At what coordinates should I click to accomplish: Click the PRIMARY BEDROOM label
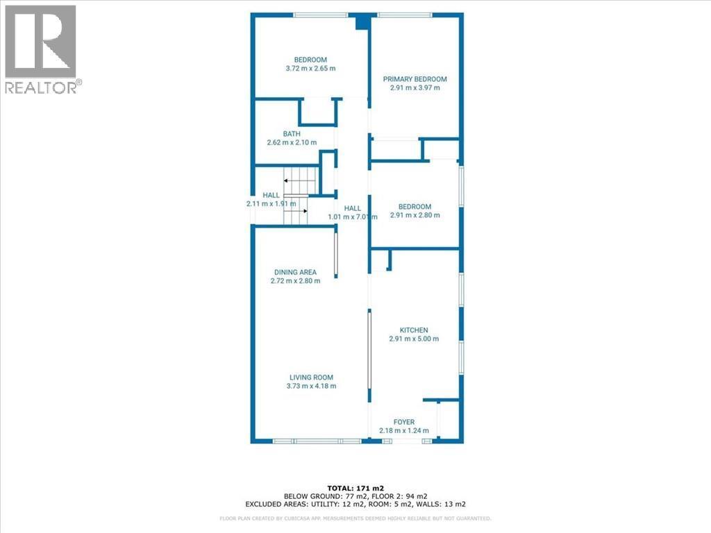click(x=415, y=79)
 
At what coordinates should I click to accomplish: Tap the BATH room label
click(x=292, y=134)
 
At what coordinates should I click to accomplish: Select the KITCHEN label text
click(x=414, y=330)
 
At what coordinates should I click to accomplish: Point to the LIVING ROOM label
click(x=311, y=377)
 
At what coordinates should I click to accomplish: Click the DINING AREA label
click(x=295, y=272)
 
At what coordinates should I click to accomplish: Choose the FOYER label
click(x=403, y=422)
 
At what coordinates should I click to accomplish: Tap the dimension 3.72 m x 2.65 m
click(x=310, y=69)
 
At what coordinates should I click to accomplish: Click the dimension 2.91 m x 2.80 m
click(x=415, y=215)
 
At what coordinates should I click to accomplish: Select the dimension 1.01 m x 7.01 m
click(x=352, y=217)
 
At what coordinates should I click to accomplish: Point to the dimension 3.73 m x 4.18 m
click(x=311, y=386)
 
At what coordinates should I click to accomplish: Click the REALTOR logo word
click(x=41, y=87)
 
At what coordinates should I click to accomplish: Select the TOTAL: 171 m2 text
click(x=355, y=488)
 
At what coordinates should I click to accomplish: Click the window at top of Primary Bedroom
click(x=405, y=15)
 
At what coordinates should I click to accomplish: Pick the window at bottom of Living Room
click(x=317, y=441)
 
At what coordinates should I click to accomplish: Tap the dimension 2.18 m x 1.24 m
click(x=404, y=430)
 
